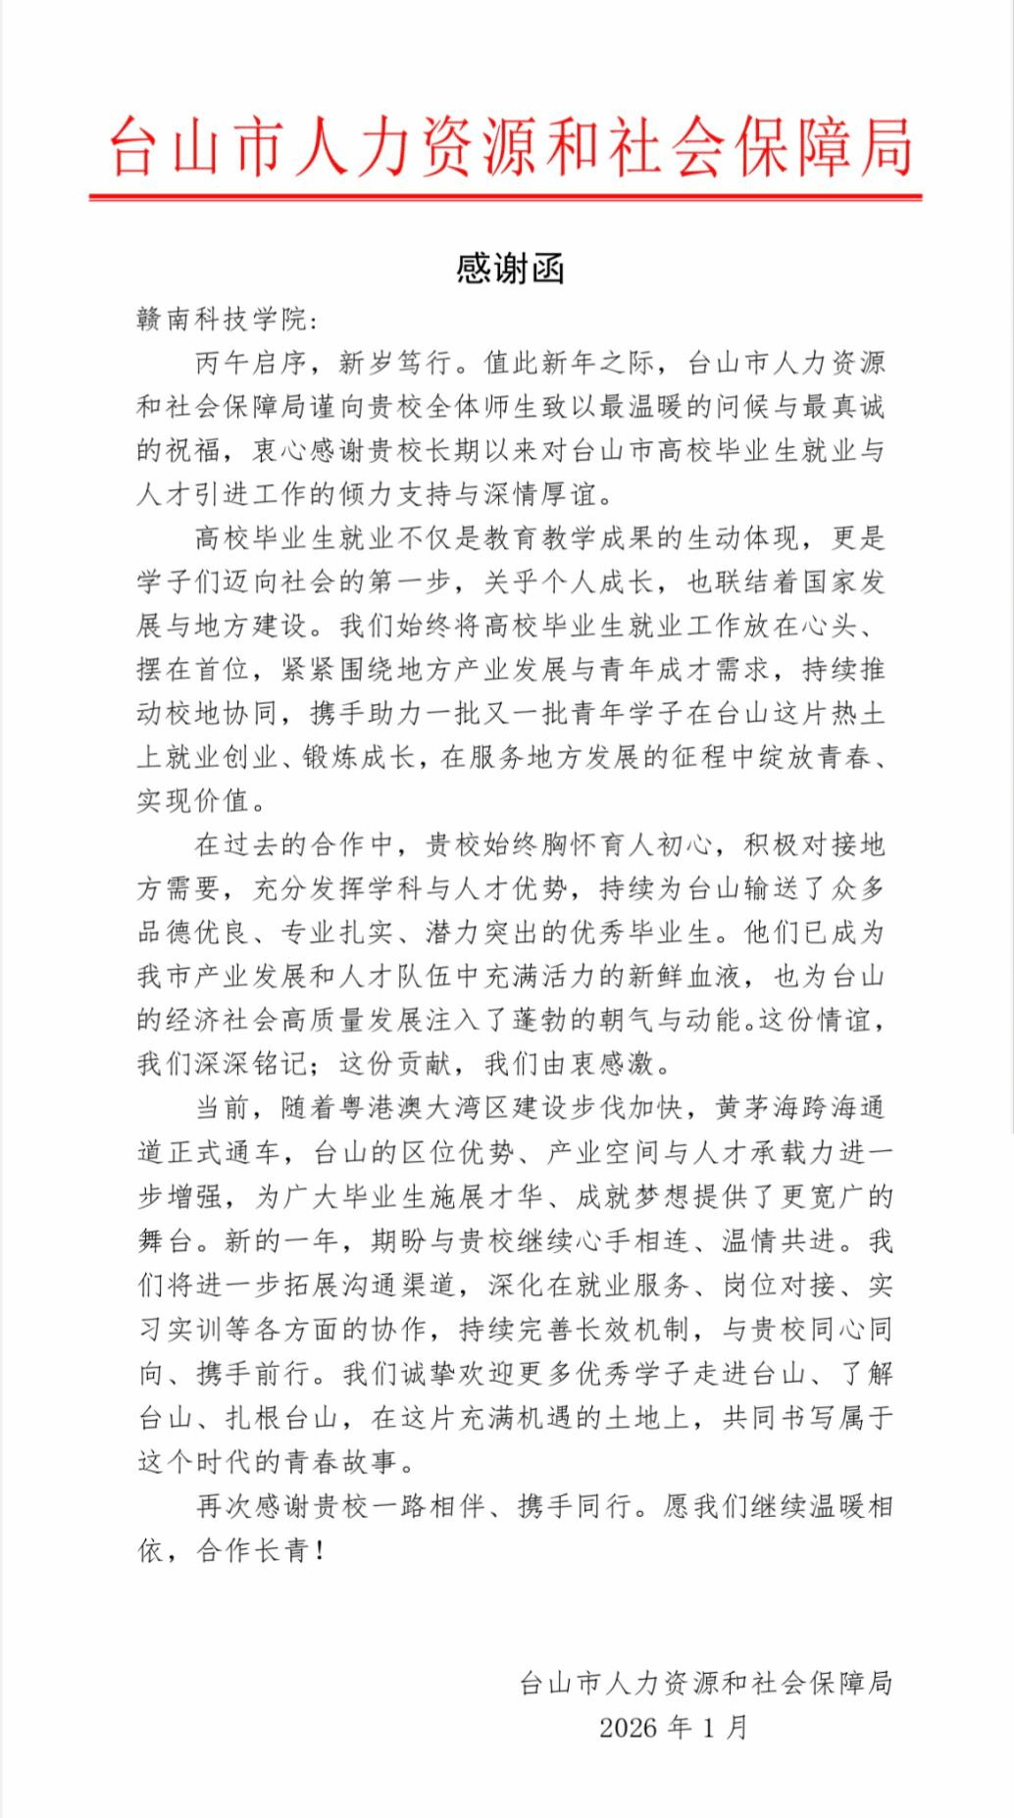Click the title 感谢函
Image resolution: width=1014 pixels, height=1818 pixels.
[x=510, y=269]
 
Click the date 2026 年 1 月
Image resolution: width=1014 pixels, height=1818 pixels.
[x=674, y=1727]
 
